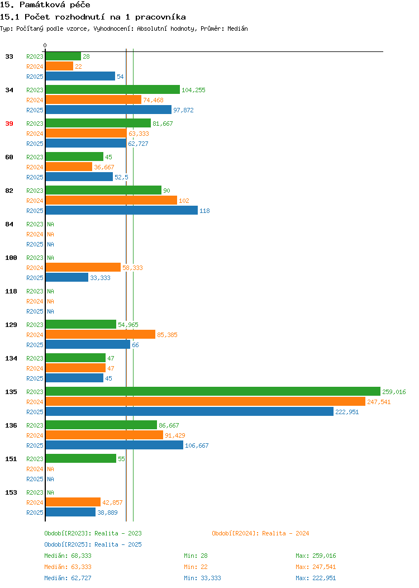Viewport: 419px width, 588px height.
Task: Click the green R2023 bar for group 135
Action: click(x=213, y=391)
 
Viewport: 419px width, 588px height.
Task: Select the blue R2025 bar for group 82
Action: click(x=121, y=210)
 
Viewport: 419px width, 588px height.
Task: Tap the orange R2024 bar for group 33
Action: click(x=59, y=67)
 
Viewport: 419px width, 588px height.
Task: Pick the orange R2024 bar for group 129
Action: click(x=101, y=334)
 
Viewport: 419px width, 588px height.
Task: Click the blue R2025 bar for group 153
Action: click(x=70, y=512)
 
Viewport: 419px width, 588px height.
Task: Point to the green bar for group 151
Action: click(x=81, y=459)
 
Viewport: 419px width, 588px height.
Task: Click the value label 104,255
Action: click(x=193, y=90)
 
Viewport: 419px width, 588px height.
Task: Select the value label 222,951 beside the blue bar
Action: click(x=347, y=412)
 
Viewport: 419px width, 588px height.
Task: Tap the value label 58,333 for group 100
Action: click(x=132, y=268)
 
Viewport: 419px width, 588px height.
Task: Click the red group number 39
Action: click(x=9, y=124)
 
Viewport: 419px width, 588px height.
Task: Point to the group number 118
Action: click(x=11, y=291)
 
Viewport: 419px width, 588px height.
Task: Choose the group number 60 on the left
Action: click(x=9, y=157)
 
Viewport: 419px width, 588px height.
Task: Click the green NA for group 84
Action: click(x=51, y=224)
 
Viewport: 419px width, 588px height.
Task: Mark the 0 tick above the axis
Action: click(x=45, y=45)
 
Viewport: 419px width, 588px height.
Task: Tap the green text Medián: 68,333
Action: click(x=68, y=556)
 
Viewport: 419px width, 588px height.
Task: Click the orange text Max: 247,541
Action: click(x=316, y=567)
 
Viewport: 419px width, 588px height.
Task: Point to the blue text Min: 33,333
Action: click(x=202, y=578)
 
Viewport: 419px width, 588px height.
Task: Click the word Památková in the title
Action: click(x=42, y=5)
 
